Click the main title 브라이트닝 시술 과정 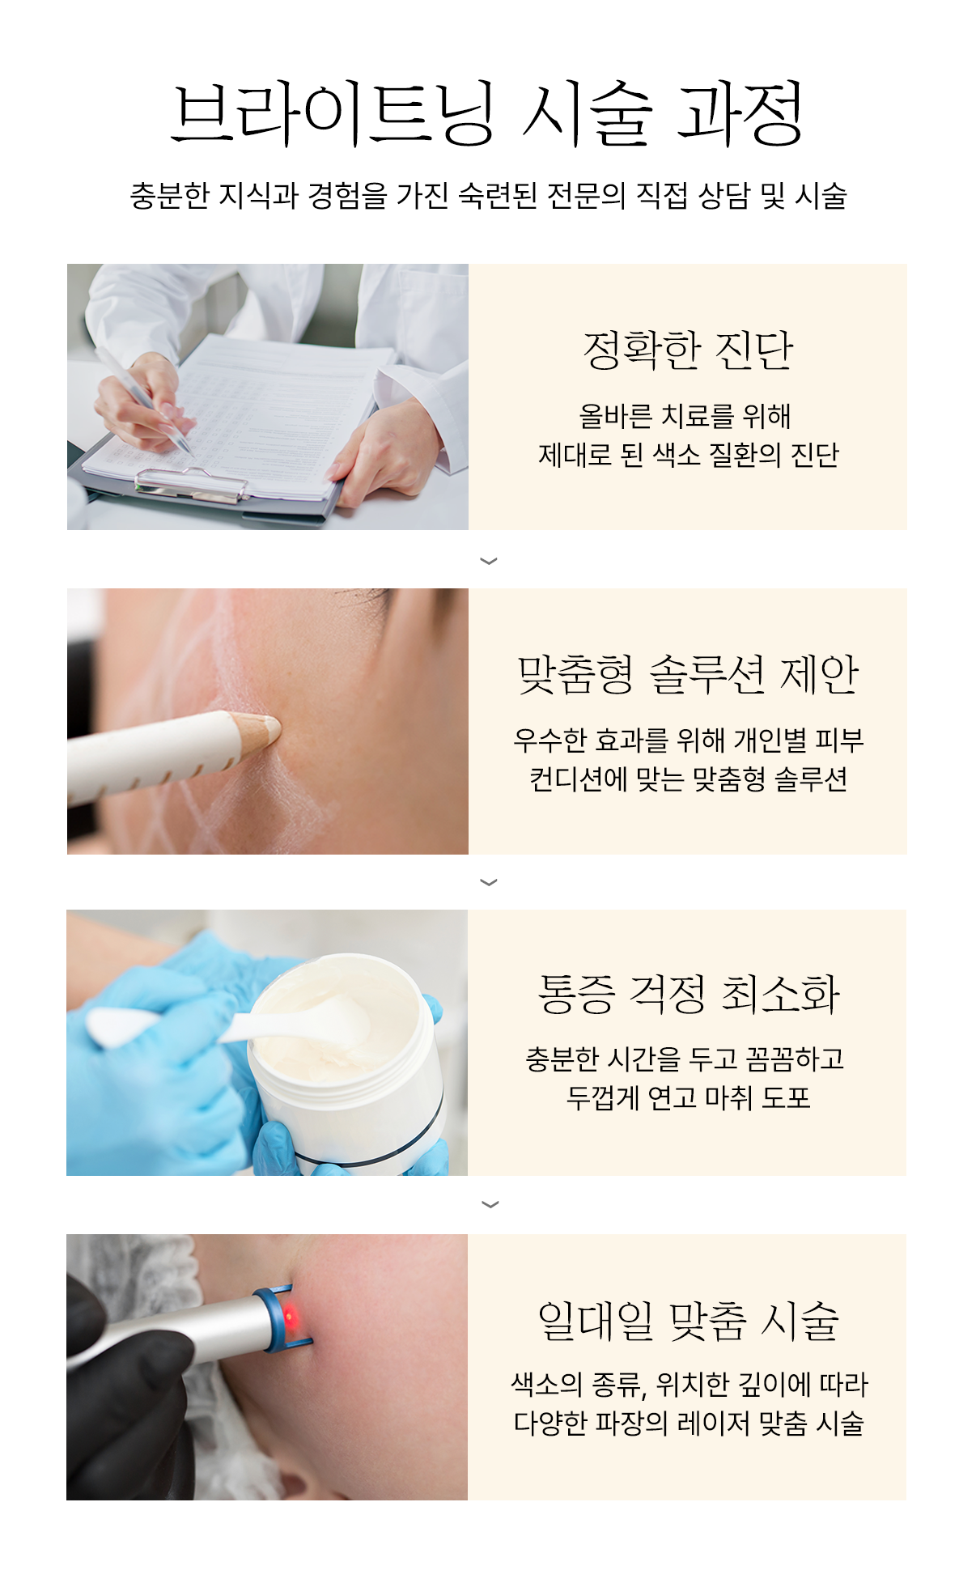(488, 113)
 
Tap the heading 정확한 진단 (688, 350)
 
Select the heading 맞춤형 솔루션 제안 (688, 674)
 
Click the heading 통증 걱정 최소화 (688, 994)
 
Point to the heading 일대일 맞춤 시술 (688, 1321)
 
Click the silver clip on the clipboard (191, 482)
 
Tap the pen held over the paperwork (146, 405)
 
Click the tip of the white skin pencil (277, 728)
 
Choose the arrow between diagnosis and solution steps (488, 561)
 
